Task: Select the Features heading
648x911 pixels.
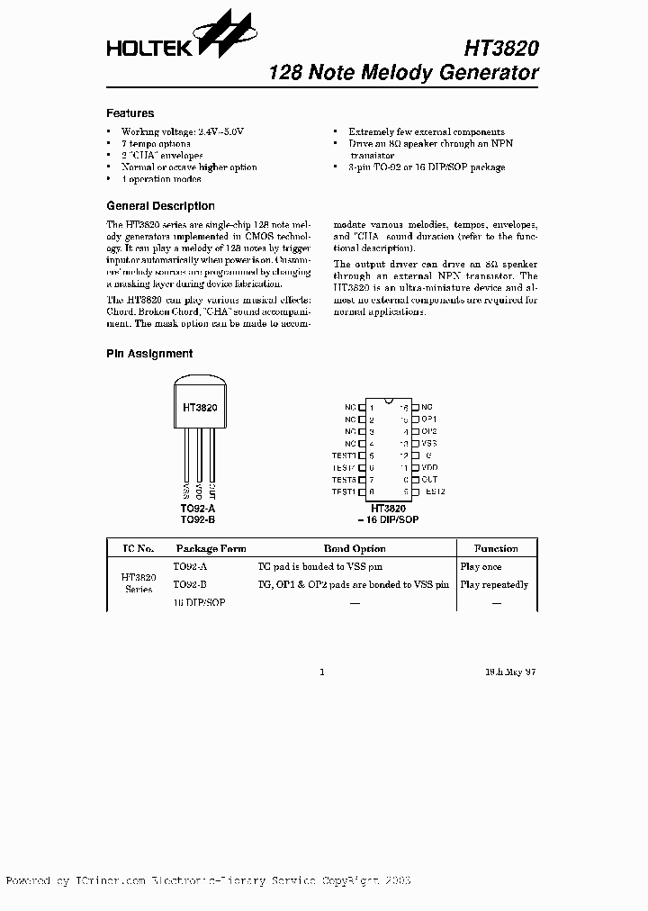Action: [x=130, y=113]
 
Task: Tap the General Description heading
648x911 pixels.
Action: [x=160, y=205]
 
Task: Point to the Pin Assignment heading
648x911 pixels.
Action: [x=149, y=354]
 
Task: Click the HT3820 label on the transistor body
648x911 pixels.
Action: [x=199, y=407]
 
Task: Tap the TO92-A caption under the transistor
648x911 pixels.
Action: [x=198, y=509]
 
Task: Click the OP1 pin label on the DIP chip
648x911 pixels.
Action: [x=429, y=419]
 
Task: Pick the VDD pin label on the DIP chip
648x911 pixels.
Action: [x=429, y=467]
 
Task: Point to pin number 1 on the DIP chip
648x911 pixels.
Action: [x=371, y=408]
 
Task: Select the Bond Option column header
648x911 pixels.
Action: [x=354, y=548]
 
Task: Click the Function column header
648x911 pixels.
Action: [x=496, y=548]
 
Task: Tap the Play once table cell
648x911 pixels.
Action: [x=481, y=567]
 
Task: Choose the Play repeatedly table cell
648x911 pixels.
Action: [x=494, y=585]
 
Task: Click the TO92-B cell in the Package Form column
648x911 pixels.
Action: [x=190, y=585]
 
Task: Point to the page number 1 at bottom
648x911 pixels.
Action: [x=321, y=672]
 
